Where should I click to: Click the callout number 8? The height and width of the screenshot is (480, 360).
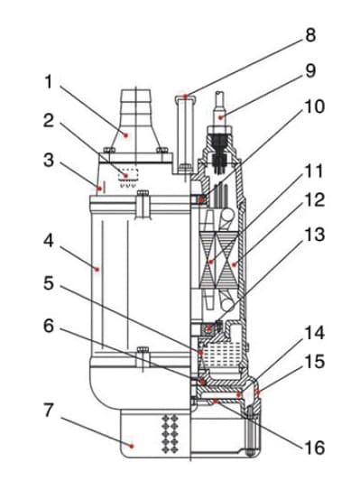pos(310,35)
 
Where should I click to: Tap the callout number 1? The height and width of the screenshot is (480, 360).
pos(49,81)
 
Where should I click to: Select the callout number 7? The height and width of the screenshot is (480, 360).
pos(49,411)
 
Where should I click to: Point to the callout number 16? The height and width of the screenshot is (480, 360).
pos(314,448)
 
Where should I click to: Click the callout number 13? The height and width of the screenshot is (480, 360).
pos(314,235)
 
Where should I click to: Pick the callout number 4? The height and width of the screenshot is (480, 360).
pos(49,242)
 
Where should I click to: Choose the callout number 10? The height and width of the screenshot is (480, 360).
pos(314,106)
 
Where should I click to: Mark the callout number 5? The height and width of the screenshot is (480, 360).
pos(49,283)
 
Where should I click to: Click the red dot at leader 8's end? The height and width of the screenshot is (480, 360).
pos(186,97)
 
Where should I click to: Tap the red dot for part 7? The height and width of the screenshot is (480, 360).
pos(132,446)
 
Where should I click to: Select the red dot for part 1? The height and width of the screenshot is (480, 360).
pos(125,134)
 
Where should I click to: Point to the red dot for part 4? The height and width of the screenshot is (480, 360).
pos(97,270)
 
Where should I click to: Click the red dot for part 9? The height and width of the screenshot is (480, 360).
pos(220,117)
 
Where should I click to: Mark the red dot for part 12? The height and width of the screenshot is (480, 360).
pos(234,264)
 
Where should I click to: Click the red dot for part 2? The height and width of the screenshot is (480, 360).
pos(125,176)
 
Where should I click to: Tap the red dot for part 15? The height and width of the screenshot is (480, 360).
pos(258,392)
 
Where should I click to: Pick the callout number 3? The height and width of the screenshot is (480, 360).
pos(49,160)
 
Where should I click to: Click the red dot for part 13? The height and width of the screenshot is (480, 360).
pos(209,329)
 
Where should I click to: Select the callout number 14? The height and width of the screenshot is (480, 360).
pos(314,333)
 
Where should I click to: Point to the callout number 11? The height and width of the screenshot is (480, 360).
pos(314,171)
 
